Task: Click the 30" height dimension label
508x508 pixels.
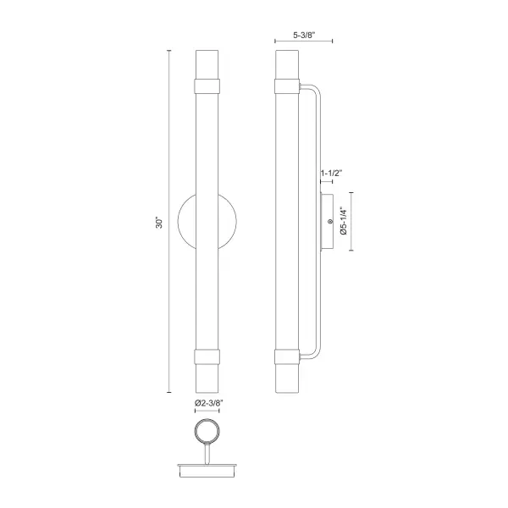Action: (x=158, y=223)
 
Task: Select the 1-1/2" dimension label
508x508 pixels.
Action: (x=331, y=174)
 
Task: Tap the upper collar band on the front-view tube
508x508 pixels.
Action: (x=207, y=85)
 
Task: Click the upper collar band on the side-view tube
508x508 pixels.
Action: (x=287, y=85)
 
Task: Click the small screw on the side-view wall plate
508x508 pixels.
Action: (x=329, y=223)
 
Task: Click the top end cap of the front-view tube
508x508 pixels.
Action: (x=207, y=63)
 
